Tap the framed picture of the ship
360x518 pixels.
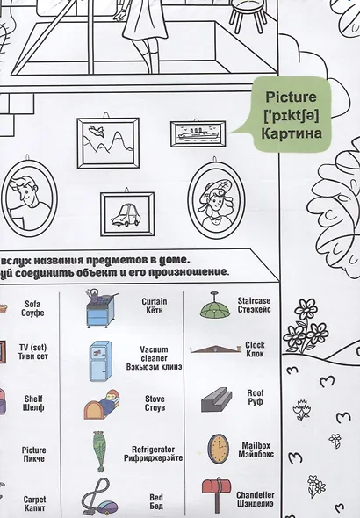pos(198,133)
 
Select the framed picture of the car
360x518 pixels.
pos(127,213)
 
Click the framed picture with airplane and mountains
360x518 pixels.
pos(108,142)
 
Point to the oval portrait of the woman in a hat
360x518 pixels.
pos(217,198)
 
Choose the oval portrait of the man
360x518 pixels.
pos(29,198)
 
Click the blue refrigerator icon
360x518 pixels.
pos(100,362)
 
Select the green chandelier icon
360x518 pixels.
pos(214,306)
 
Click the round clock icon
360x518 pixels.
pos(218,449)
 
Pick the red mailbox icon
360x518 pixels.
pos(216,494)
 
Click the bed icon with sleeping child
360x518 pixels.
pos(102,405)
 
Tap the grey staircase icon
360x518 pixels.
pos(216,400)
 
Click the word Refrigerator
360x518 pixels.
pos(154,450)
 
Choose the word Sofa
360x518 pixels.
pos(32,304)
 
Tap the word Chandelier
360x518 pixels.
pos(256,495)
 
